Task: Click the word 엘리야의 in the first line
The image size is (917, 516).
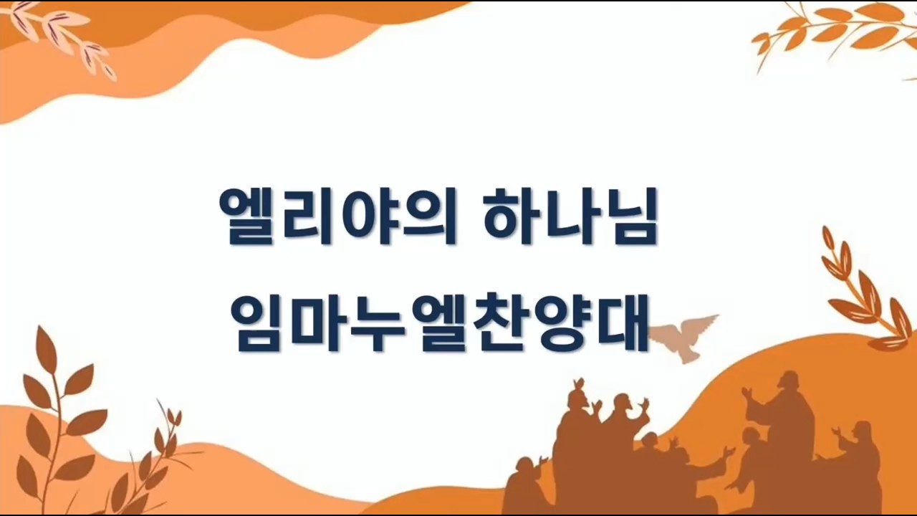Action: tap(338, 216)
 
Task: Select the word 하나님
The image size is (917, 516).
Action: tap(570, 216)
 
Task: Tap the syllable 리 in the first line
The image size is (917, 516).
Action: tap(303, 216)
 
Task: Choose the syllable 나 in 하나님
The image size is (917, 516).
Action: tap(570, 216)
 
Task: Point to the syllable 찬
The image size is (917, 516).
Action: tap(498, 322)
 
